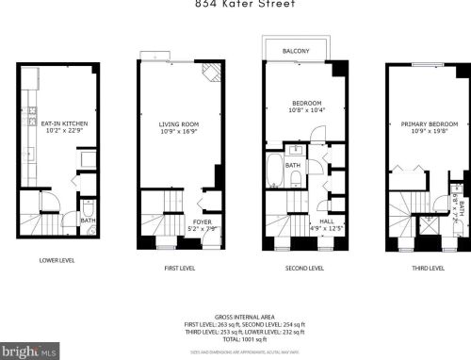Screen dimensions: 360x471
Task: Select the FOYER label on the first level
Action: [202, 221]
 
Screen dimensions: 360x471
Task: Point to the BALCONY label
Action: [297, 51]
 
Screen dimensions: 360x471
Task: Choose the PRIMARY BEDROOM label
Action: [429, 124]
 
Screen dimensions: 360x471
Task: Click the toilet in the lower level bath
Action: [87, 208]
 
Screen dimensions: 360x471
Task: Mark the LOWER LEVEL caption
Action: [57, 261]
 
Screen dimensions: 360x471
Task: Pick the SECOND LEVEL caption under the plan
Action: [303, 269]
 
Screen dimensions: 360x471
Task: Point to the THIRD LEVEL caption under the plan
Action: [427, 269]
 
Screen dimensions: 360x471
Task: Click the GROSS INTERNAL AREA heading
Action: [244, 317]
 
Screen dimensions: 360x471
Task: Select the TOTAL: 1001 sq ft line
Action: [244, 339]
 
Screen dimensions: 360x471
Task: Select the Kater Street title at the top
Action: [244, 5]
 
